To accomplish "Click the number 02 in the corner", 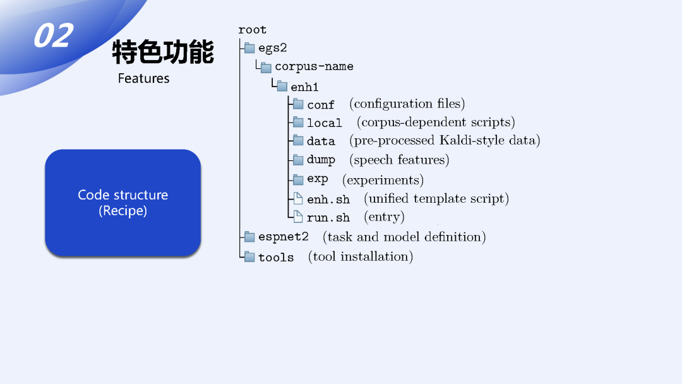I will pos(53,36).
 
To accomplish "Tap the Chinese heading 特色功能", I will pos(163,52).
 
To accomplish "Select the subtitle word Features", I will pos(143,78).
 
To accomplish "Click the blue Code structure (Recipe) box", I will pos(123,203).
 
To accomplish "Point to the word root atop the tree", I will pos(252,30).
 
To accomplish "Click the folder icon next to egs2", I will pos(249,48).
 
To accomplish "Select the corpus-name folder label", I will pos(314,66).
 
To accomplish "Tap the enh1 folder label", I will pos(304,87).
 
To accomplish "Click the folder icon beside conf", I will pos(298,104).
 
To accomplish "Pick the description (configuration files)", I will pos(407,104).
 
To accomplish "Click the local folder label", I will pos(325,123).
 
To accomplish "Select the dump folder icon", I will pos(298,160).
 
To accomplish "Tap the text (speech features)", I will pos(399,160).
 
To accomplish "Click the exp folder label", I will pos(318,179).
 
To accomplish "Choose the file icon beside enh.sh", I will pos(298,198).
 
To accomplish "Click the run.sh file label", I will pos(328,217).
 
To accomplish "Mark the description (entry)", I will pos(384,217).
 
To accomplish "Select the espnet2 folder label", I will pos(284,237).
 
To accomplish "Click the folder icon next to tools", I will pos(249,256).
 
